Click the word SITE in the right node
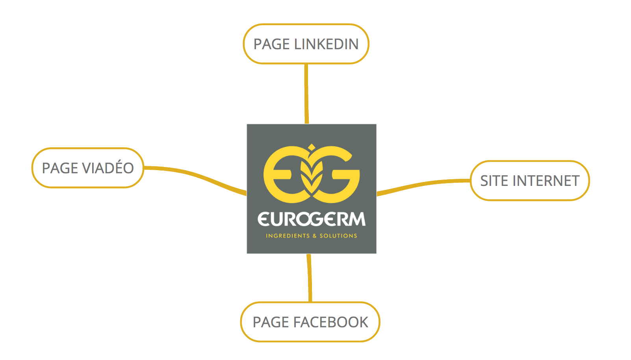[494, 181]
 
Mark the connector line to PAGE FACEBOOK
[310, 278]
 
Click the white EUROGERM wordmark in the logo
[312, 219]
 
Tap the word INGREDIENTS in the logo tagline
[288, 236]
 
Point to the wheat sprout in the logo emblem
[312, 173]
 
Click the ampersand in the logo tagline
[314, 236]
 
